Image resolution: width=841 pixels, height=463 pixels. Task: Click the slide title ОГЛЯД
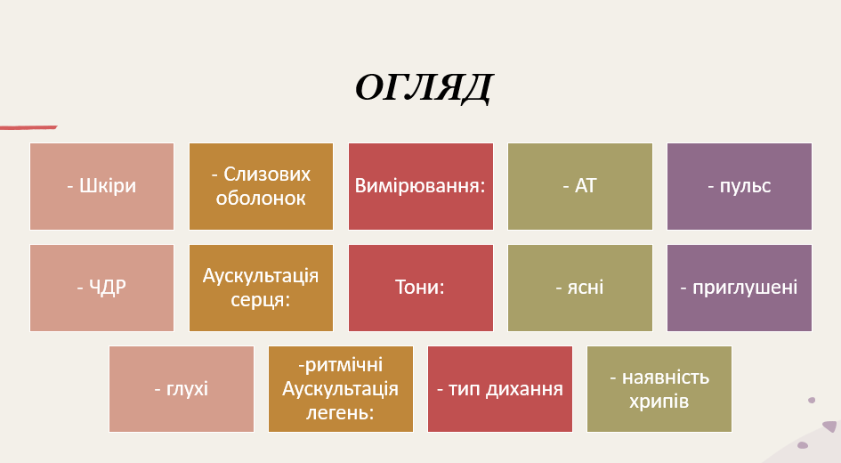(423, 88)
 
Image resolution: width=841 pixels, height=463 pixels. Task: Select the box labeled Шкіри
(101, 186)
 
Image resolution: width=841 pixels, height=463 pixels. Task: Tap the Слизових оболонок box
(261, 186)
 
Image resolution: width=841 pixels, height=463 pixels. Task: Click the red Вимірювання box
(420, 186)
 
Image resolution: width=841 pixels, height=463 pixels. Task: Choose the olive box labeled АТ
(579, 186)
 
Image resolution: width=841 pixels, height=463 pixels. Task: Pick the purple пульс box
(739, 186)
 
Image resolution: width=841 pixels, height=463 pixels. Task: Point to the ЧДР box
(101, 288)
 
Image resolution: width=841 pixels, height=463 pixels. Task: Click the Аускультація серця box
(261, 288)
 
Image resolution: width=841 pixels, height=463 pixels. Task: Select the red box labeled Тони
(420, 288)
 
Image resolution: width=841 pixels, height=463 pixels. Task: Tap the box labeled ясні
(579, 288)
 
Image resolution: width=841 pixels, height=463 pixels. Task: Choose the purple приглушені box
(739, 288)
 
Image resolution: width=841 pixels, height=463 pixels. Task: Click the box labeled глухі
(181, 389)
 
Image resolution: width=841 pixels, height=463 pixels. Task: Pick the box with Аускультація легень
(340, 389)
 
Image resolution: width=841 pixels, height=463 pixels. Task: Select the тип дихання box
(499, 389)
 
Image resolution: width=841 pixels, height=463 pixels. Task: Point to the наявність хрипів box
(659, 389)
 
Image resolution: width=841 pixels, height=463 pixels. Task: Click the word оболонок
(261, 198)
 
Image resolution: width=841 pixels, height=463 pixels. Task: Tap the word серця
(261, 300)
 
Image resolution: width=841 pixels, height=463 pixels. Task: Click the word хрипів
(659, 402)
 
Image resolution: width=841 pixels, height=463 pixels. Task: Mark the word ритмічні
(342, 365)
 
